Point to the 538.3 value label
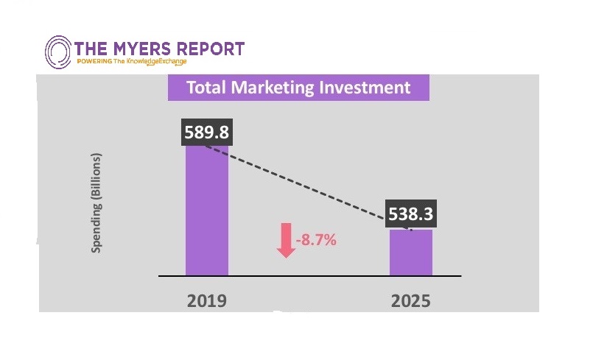[x=411, y=215]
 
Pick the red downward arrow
[x=286, y=242]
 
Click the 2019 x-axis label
[x=207, y=300]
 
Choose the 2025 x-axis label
[x=411, y=300]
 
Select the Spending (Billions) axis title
[x=96, y=203]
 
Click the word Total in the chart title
[x=206, y=88]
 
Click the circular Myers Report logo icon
[x=58, y=53]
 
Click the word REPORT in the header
[x=211, y=49]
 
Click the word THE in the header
[x=90, y=49]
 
